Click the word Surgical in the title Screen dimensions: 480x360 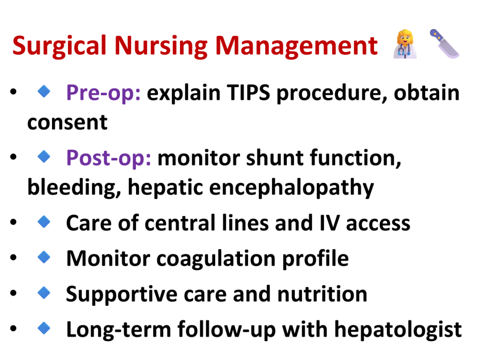60,46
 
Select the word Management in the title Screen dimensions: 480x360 297,46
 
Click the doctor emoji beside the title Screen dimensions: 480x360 405,44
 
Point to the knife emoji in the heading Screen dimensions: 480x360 444,44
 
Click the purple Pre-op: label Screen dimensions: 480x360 104,93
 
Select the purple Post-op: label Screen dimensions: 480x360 109,158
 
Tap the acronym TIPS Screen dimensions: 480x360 248,92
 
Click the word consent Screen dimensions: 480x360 67,122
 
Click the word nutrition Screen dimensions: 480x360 322,294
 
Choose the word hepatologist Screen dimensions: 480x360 397,330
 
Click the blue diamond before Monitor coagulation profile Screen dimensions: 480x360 44,257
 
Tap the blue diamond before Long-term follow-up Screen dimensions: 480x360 44,328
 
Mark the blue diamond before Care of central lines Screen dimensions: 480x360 44,222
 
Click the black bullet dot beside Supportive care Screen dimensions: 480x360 13,293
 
